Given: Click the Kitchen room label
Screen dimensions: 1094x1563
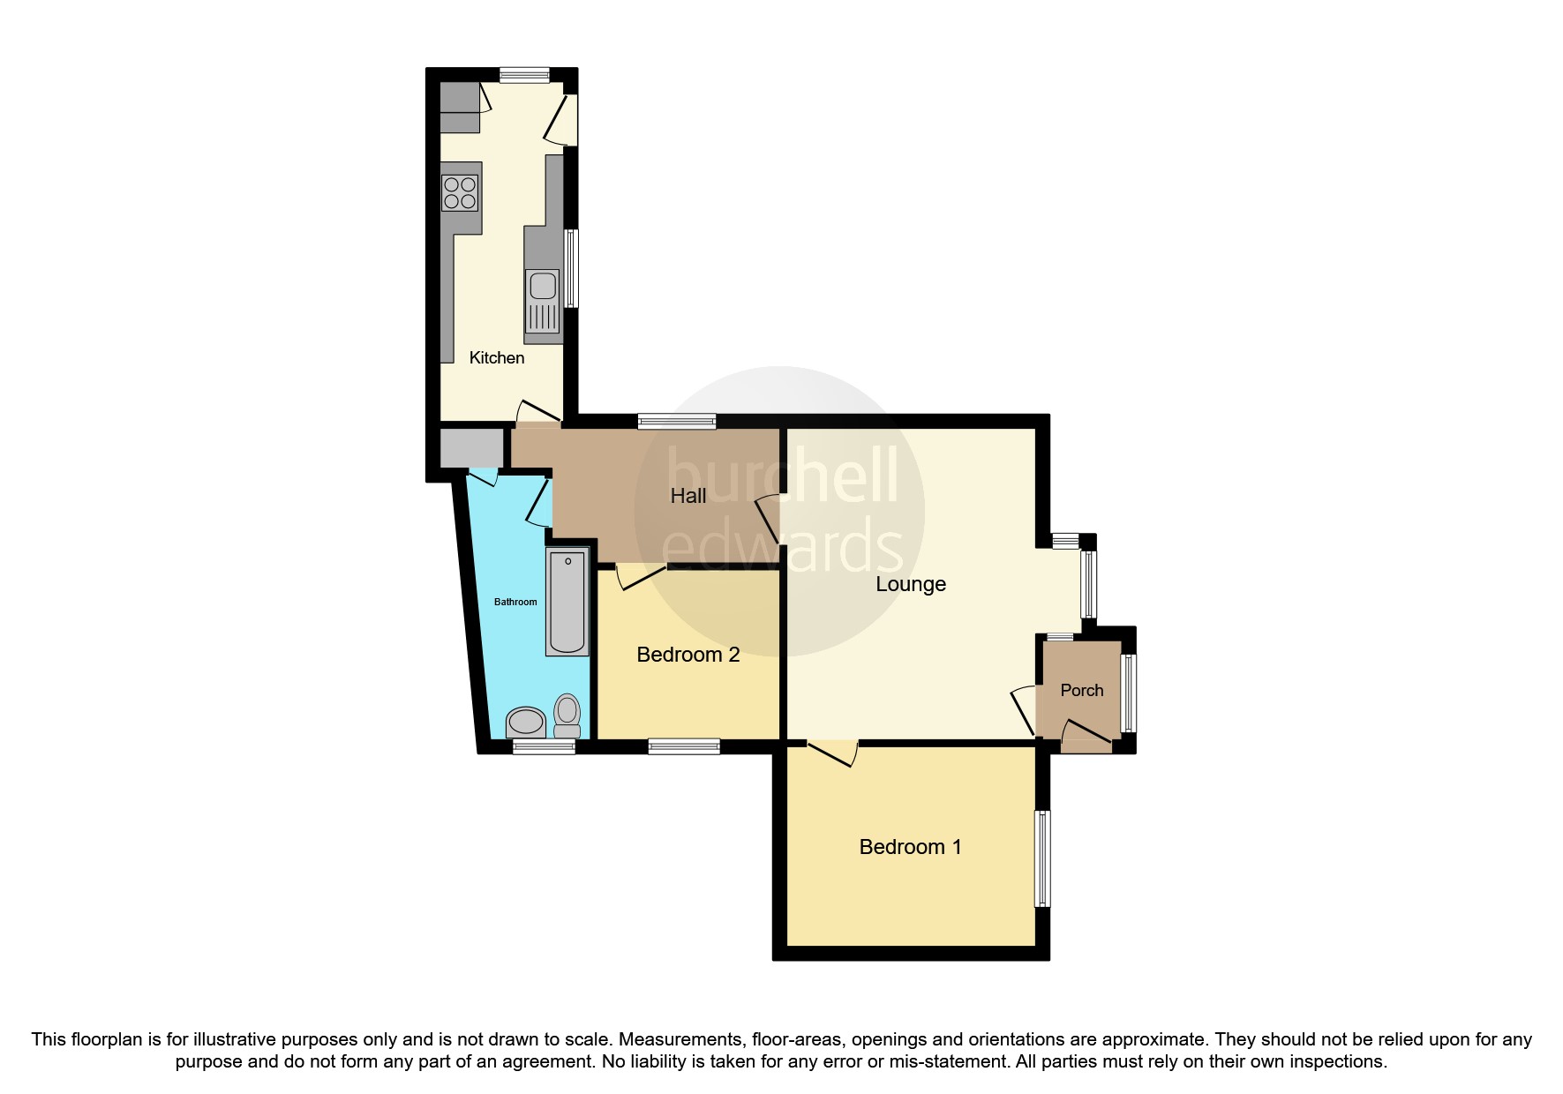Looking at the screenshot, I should (496, 357).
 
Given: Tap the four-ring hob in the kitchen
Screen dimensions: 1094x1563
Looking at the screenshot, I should (460, 193).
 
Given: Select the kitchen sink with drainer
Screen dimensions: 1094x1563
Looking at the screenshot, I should (542, 303).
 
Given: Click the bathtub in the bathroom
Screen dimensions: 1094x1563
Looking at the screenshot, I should (567, 602).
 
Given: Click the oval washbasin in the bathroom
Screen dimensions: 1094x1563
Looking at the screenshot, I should (526, 722).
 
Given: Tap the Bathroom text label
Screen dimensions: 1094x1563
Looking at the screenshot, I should (515, 602).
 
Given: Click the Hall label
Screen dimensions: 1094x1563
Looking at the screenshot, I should (688, 496).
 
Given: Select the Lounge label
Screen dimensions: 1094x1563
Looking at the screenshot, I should (910, 584).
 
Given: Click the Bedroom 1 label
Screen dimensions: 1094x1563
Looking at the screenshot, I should (910, 847).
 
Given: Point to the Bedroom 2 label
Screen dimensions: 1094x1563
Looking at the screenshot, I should (688, 655).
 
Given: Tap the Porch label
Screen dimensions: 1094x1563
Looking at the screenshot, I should (1081, 690).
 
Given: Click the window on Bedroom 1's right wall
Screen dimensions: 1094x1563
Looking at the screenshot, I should (1042, 858).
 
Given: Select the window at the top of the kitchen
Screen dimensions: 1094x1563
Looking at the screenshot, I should (523, 76).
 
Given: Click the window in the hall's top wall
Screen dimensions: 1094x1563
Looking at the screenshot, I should (677, 422).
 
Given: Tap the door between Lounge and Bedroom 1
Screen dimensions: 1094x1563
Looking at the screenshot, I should (831, 752).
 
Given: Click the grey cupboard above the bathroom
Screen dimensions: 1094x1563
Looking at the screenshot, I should (470, 448).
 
